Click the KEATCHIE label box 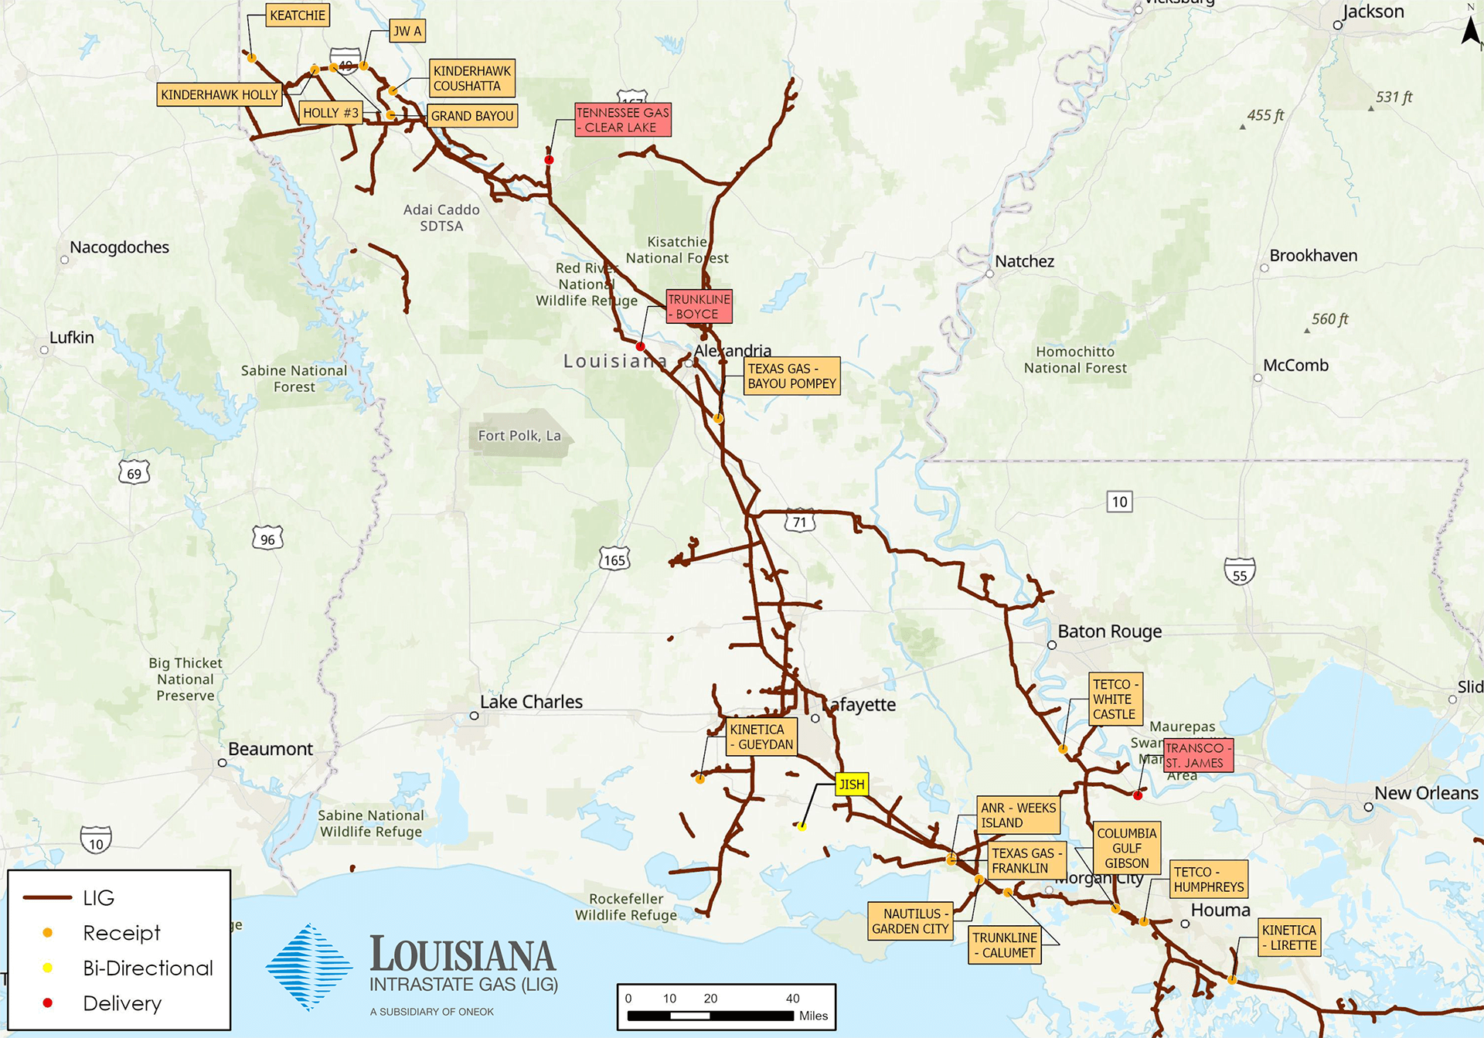(x=298, y=15)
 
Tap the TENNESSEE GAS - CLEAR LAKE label (x=622, y=120)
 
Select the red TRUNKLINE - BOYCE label (x=699, y=307)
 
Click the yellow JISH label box (x=852, y=784)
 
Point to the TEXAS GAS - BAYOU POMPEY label (x=791, y=376)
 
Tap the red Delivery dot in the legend (x=48, y=1003)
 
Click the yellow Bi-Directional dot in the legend (x=48, y=968)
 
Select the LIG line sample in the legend (x=48, y=897)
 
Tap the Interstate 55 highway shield (x=1240, y=572)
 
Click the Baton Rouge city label (x=1109, y=631)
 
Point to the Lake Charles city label (x=531, y=702)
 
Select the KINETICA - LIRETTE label (x=1288, y=938)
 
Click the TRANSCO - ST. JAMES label (x=1197, y=755)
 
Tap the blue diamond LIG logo (x=309, y=967)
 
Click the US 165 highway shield (x=614, y=560)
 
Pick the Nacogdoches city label (x=119, y=247)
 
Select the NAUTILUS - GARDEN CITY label (x=910, y=921)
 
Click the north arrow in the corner (x=1470, y=31)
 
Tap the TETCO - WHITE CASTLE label (x=1115, y=699)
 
